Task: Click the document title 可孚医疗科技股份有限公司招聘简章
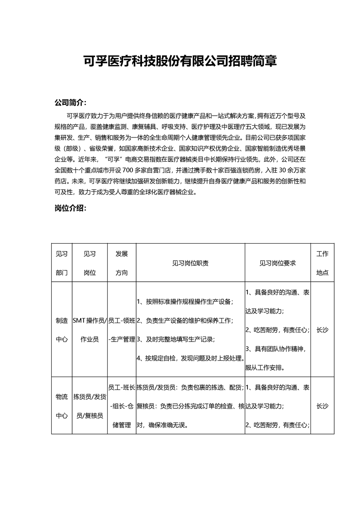click(180, 61)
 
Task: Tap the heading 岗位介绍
click(70, 209)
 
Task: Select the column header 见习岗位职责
click(190, 263)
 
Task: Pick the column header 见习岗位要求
click(277, 263)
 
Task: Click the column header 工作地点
click(322, 263)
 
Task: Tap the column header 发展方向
click(122, 263)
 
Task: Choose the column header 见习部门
click(61, 263)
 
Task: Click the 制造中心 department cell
click(61, 330)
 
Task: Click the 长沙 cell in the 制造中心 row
click(322, 330)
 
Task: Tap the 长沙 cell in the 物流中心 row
click(322, 406)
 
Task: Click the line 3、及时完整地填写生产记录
click(176, 339)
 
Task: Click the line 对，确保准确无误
click(162, 425)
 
